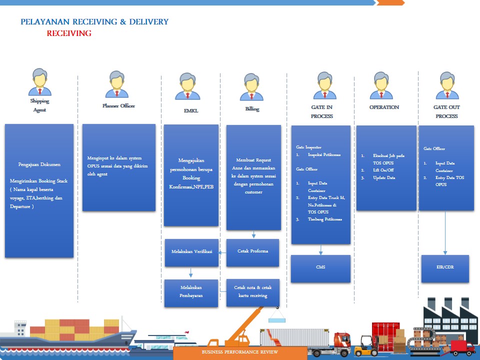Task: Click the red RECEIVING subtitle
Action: [69, 33]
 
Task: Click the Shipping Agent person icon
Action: [39, 82]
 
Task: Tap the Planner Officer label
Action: [118, 106]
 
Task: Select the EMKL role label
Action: [191, 110]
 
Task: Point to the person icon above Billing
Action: [252, 87]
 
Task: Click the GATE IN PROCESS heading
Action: [322, 111]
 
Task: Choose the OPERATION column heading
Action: [384, 107]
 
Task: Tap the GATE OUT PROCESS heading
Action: [446, 111]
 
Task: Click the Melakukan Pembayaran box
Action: [191, 292]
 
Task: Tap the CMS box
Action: [320, 267]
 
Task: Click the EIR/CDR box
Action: [445, 267]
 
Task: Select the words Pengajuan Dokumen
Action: [39, 164]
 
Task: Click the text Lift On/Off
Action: [383, 170]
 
